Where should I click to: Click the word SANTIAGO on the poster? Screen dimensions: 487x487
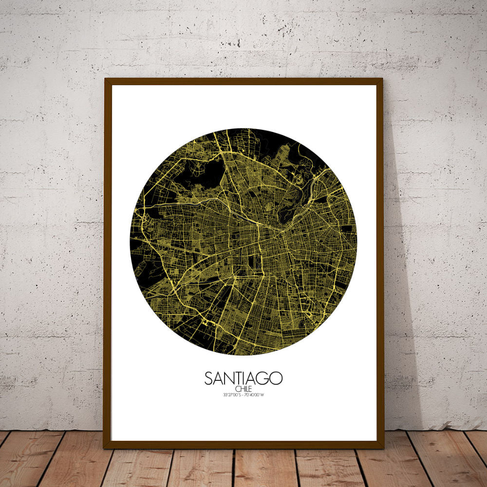[x=243, y=378]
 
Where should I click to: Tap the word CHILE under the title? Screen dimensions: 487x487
[x=243, y=389]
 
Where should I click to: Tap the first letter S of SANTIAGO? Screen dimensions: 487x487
[x=208, y=378]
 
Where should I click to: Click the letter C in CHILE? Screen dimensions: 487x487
[x=237, y=389]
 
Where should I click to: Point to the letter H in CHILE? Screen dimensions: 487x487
[x=241, y=389]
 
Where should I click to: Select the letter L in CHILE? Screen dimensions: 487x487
[x=246, y=389]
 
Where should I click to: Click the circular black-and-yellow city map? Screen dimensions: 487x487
[x=243, y=242]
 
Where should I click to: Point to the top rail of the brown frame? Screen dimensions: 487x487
[x=243, y=81]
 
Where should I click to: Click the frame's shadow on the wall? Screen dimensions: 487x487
[x=397, y=292]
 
